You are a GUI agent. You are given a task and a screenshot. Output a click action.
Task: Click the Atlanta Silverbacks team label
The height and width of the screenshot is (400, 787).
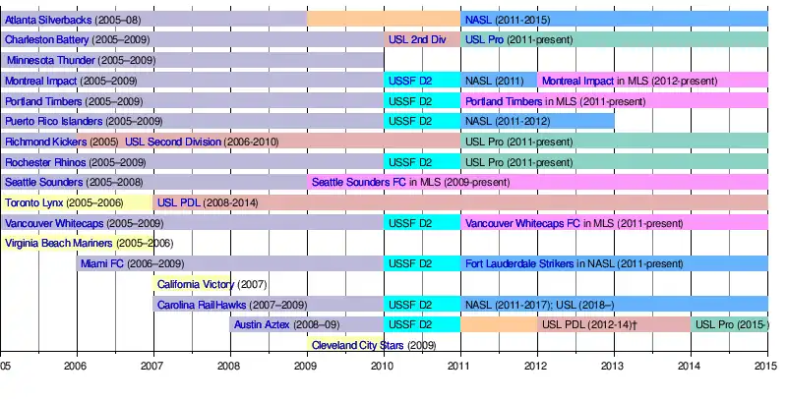[45, 19]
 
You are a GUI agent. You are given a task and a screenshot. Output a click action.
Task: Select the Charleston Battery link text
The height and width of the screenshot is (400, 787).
[47, 39]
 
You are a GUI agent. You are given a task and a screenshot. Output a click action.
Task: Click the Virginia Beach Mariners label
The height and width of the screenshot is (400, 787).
[60, 243]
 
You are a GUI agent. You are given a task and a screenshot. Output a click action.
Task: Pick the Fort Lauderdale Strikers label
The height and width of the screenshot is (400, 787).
[519, 263]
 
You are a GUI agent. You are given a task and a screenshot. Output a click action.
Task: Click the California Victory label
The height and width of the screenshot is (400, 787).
[195, 284]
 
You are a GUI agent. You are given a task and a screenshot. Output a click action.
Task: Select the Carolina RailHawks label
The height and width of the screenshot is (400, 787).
[201, 305]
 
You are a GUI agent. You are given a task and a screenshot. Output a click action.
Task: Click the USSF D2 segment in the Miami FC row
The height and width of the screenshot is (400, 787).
[410, 263]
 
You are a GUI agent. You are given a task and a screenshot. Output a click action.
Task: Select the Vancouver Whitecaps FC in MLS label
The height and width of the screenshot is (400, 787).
[522, 223]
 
